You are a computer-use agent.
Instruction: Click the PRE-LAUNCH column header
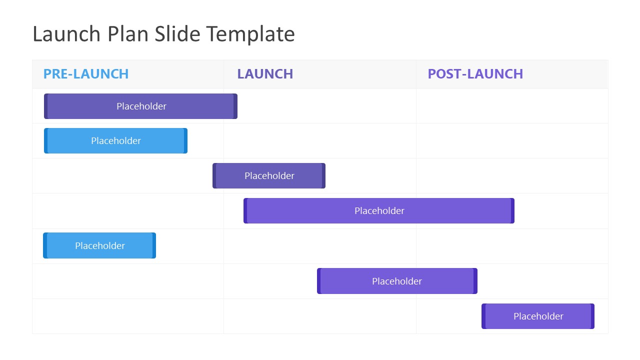tap(86, 74)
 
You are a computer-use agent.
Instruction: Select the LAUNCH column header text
tap(265, 74)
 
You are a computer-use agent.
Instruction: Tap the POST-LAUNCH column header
tap(475, 74)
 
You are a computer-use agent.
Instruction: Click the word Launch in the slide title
tap(66, 34)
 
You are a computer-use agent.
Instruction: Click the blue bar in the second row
tap(160, 141)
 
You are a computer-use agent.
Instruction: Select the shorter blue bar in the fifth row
tap(135, 245)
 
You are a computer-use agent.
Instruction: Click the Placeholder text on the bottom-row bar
tap(538, 316)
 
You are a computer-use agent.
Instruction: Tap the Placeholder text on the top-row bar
tap(141, 106)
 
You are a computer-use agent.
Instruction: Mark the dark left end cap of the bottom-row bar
tap(483, 316)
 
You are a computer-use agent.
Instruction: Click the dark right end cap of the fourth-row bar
tap(512, 211)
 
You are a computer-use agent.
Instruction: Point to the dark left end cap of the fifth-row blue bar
tap(45, 245)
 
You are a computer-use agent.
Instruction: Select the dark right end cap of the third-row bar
tap(323, 176)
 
